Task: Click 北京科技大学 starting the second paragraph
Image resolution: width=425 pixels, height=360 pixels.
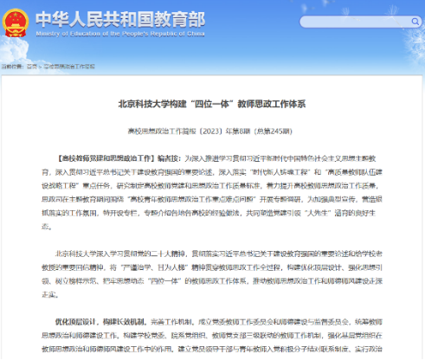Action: tap(79, 254)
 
